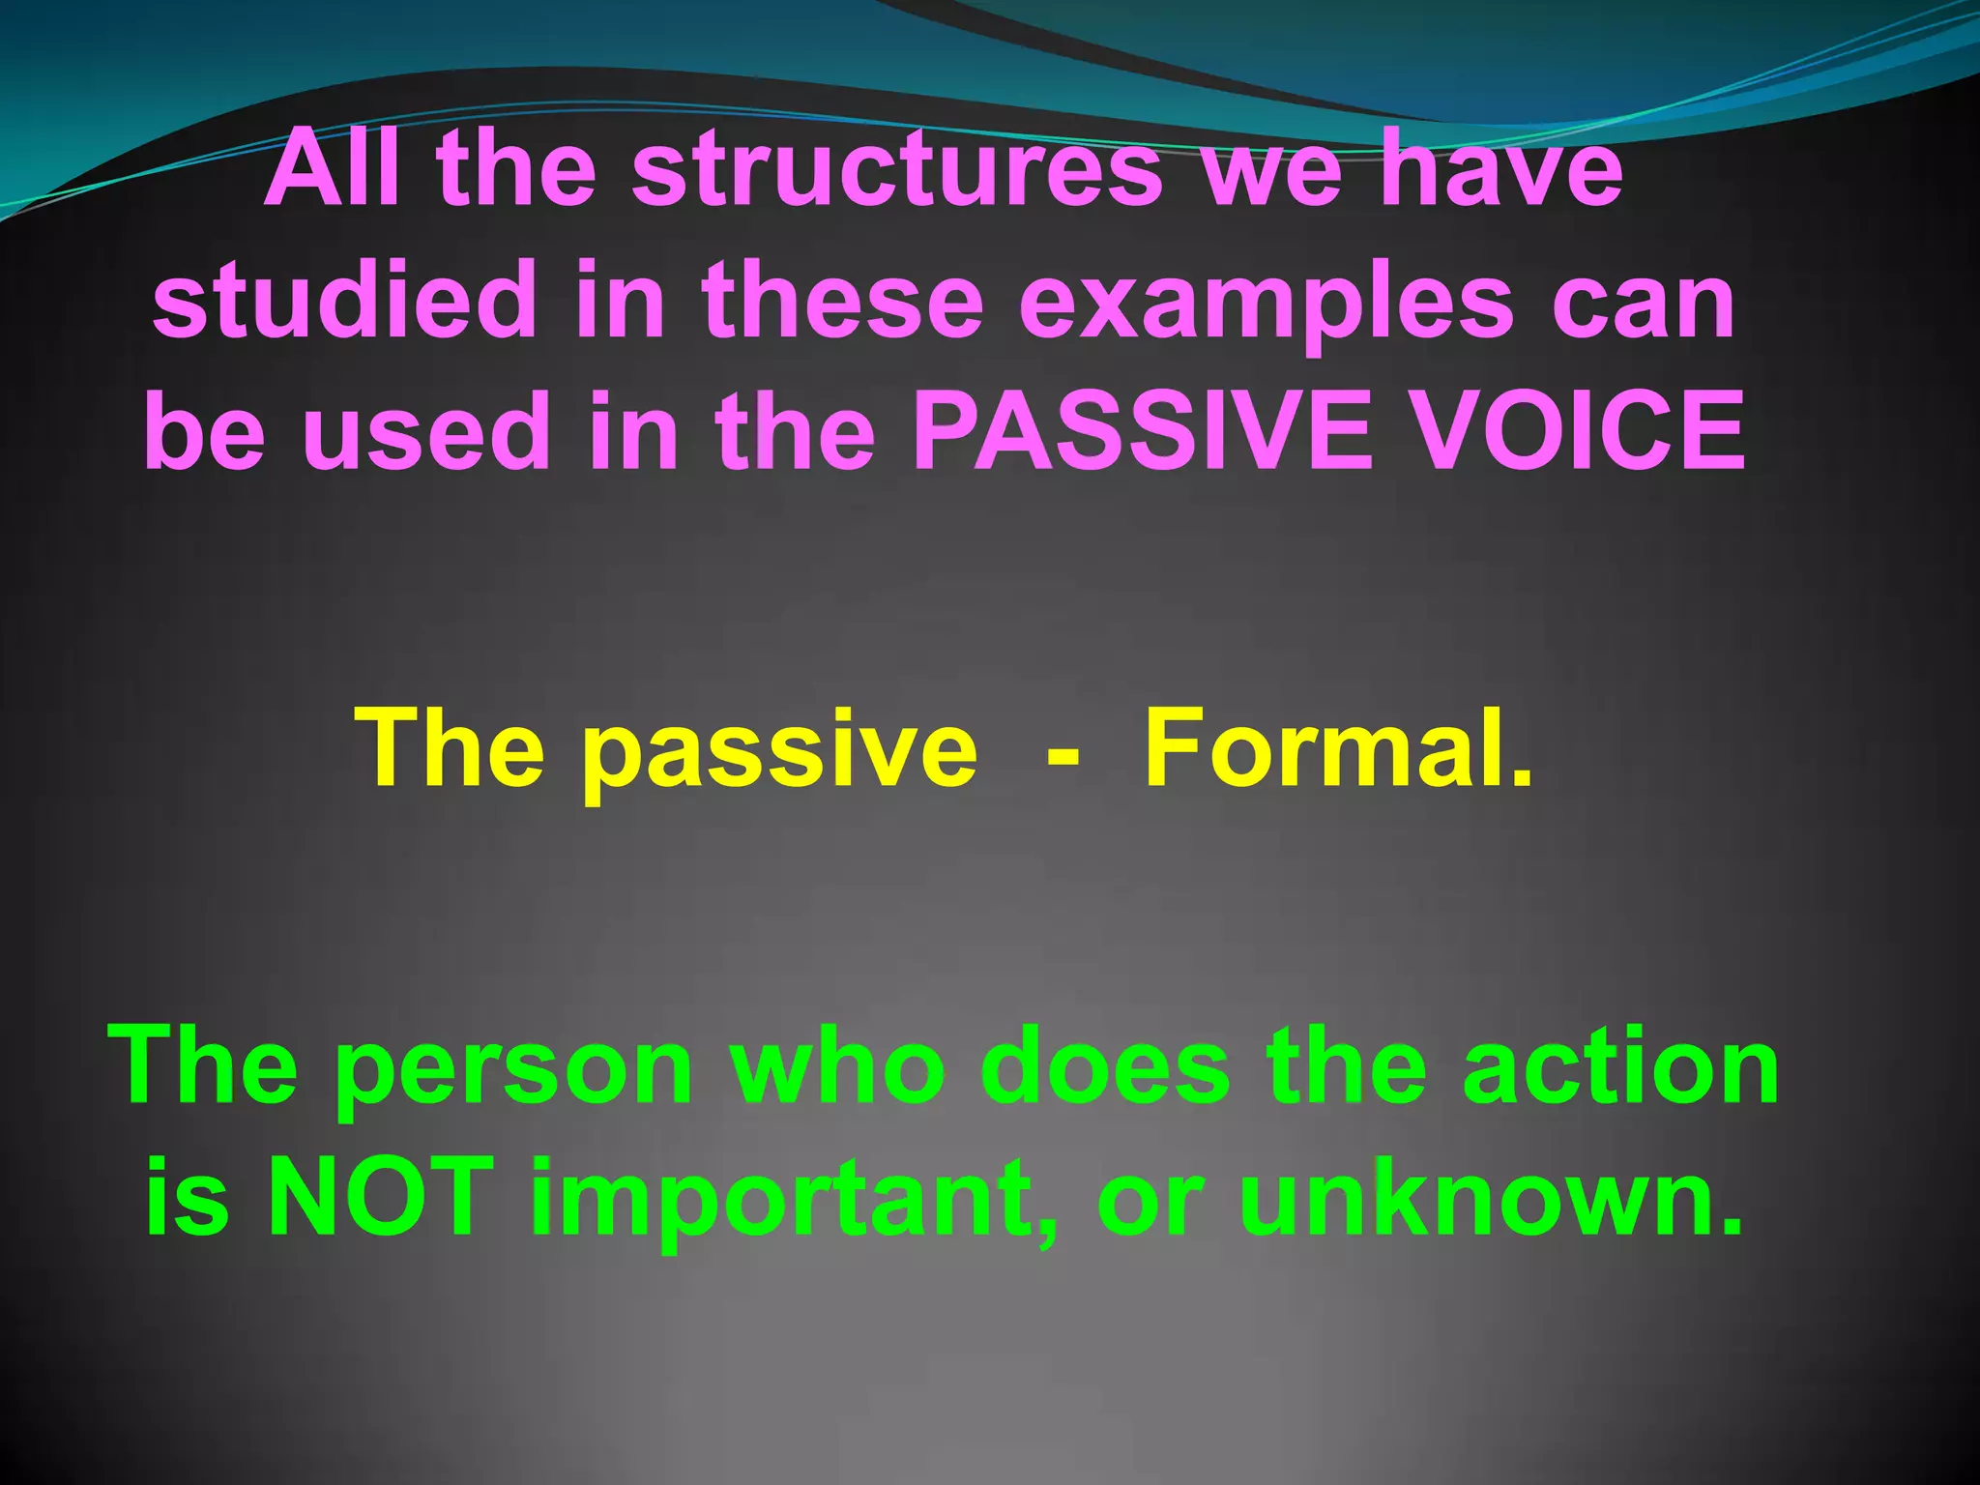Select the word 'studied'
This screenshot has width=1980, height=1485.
pyautogui.click(x=344, y=301)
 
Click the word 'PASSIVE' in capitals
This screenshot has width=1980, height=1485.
pyautogui.click(x=1142, y=431)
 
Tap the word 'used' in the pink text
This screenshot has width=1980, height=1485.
pyautogui.click(x=426, y=433)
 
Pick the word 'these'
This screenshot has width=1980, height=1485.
pyautogui.click(x=842, y=301)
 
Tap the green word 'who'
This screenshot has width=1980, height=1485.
pyautogui.click(x=836, y=1068)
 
